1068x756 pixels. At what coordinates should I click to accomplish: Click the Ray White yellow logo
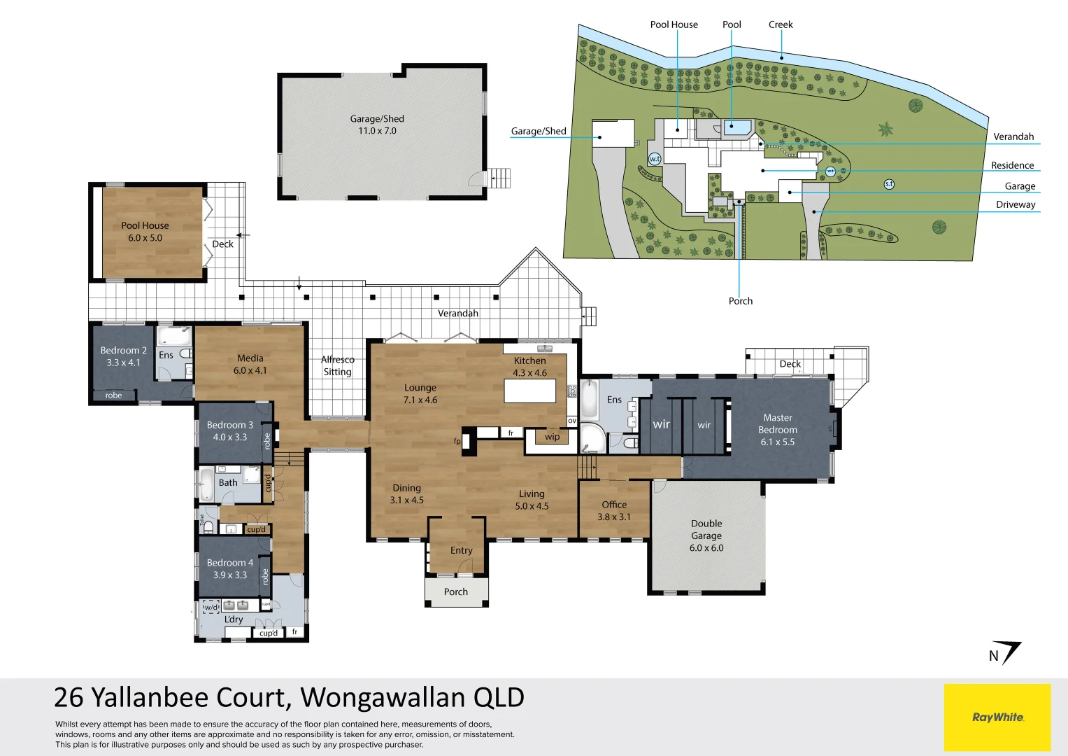point(997,717)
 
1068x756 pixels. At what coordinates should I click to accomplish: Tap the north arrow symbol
point(1006,652)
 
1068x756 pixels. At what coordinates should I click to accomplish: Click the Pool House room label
point(145,225)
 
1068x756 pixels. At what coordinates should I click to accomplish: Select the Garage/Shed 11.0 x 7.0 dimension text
point(377,131)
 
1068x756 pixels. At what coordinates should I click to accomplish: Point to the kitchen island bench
point(530,391)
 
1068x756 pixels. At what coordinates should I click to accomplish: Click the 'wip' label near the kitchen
point(552,437)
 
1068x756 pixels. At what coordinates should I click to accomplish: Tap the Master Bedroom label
point(778,423)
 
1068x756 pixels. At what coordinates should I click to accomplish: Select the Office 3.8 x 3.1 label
point(614,510)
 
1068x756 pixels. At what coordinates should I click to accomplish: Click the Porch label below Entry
point(456,591)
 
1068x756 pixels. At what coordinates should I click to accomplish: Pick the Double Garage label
point(706,529)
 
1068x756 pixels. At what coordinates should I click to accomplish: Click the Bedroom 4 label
point(230,563)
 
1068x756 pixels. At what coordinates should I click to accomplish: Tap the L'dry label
point(234,619)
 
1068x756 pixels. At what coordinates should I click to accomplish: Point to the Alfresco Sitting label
point(338,365)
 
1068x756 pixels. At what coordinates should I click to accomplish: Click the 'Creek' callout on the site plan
point(781,24)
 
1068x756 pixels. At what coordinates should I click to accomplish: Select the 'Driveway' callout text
point(1016,204)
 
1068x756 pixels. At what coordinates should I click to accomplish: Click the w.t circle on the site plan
point(655,159)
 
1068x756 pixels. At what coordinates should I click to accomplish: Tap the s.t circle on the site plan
point(889,184)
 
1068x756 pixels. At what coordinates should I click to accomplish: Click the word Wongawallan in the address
point(383,698)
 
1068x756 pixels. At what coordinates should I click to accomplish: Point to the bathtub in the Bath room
point(207,484)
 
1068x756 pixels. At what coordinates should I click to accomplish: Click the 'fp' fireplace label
point(457,441)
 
